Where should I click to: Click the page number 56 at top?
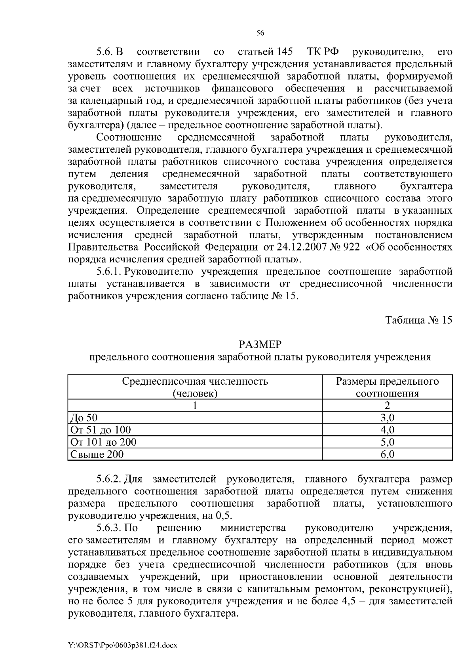260,34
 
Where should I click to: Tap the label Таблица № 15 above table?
419,320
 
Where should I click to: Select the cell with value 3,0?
387,418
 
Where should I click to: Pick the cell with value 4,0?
387,430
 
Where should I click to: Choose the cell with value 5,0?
387,442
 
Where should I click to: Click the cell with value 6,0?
387,454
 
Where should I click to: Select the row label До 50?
84,418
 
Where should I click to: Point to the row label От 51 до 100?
100,430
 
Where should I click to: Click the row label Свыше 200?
97,454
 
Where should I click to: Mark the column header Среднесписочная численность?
195,387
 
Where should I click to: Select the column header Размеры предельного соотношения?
387,387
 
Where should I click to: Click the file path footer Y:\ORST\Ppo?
123,645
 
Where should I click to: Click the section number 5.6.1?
109,272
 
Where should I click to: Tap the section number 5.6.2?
109,479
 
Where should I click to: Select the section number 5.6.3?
109,528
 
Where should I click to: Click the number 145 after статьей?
285,52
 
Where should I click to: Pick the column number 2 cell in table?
387,405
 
